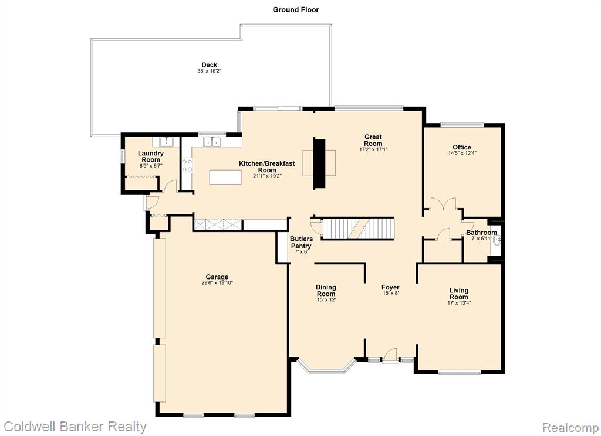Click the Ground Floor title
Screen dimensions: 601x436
[x=296, y=9]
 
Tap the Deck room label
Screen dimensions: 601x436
[x=210, y=65]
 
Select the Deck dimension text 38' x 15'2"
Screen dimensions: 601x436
[x=210, y=71]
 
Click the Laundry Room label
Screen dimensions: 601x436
[x=151, y=156]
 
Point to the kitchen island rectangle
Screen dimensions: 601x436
[x=225, y=177]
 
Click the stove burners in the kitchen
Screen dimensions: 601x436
[x=187, y=165]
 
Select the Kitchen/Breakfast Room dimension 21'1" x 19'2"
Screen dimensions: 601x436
[x=267, y=176]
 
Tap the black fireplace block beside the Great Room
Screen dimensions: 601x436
[x=319, y=163]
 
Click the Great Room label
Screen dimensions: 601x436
[x=373, y=140]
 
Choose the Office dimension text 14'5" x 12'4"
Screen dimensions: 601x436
[x=462, y=153]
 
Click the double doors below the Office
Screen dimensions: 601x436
[x=443, y=204]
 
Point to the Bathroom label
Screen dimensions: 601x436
[x=481, y=233]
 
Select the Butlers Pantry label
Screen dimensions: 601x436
[x=301, y=242]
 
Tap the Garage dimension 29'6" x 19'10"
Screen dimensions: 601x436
[x=217, y=283]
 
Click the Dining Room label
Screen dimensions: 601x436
[x=326, y=291]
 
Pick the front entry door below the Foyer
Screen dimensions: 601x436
[x=390, y=355]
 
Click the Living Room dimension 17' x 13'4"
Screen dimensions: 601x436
[x=459, y=303]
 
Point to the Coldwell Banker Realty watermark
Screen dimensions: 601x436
[x=75, y=427]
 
